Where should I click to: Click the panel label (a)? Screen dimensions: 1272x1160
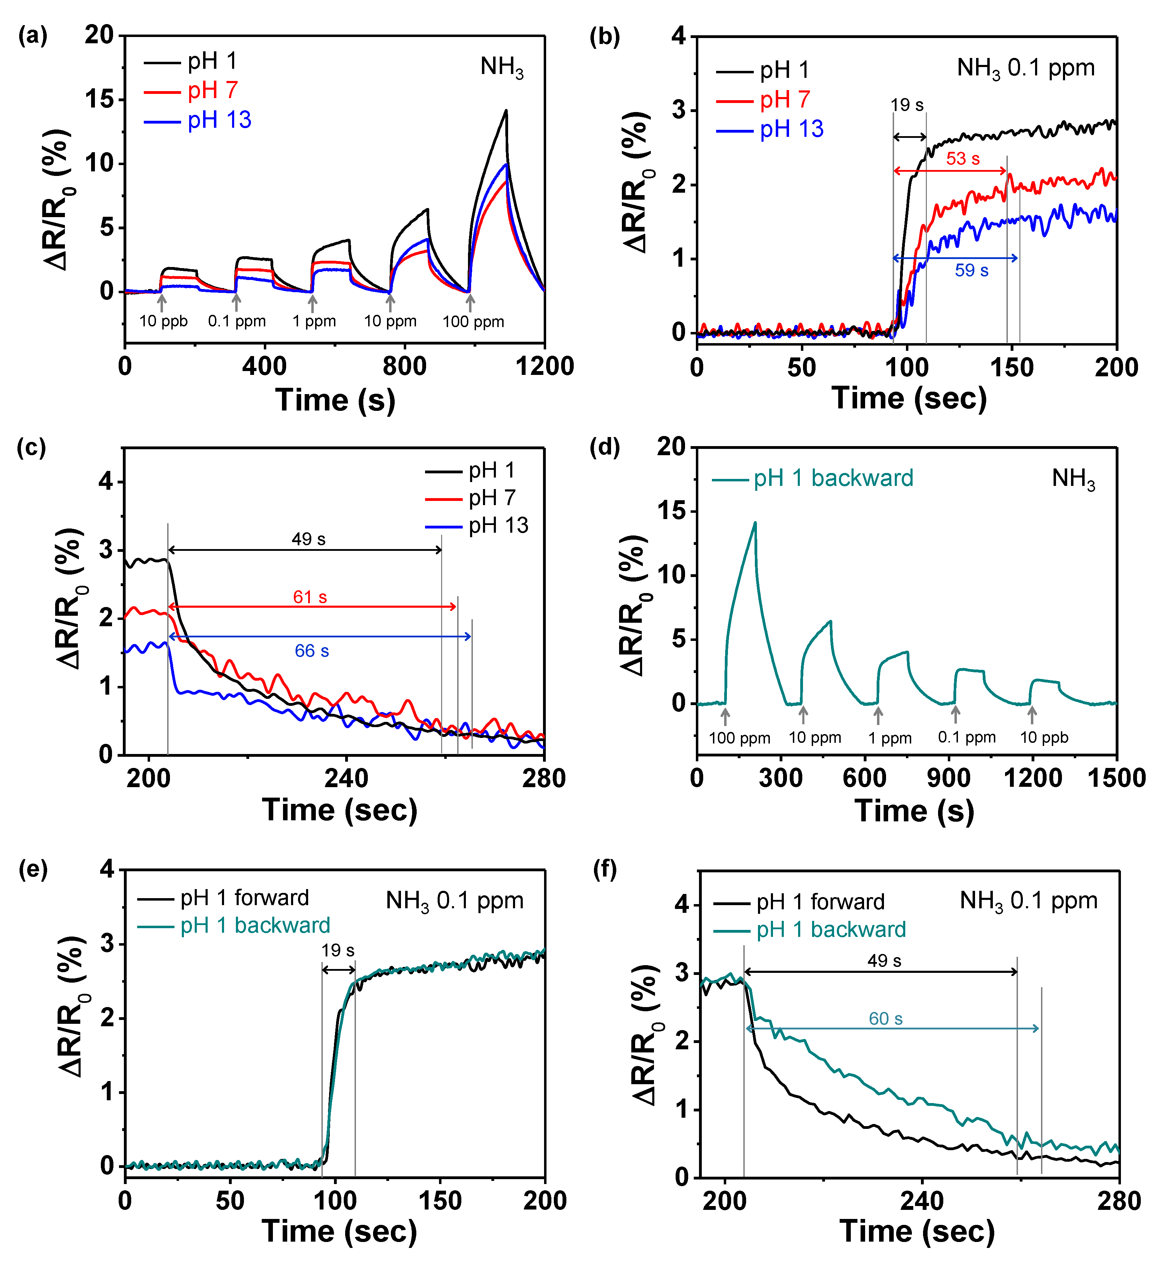pos(33,36)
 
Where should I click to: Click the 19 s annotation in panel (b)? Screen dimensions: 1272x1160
pos(907,105)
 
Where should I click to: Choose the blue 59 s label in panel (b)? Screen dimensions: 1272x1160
pos(972,271)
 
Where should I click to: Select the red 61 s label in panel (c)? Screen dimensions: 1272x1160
pos(310,597)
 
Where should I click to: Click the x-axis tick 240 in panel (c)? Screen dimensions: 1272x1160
pos(346,779)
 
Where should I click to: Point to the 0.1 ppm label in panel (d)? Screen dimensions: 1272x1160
pos(966,737)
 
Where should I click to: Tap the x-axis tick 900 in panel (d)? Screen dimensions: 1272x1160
pos(948,778)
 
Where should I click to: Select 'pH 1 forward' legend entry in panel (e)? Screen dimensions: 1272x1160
pos(244,898)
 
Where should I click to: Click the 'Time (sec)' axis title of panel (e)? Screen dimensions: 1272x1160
pos(339,1231)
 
